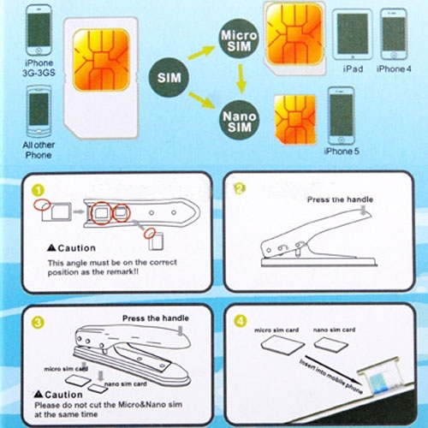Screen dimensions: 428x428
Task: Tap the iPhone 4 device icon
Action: coord(393,33)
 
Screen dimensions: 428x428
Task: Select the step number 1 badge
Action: coord(34,189)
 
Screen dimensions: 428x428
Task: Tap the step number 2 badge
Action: coord(239,188)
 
